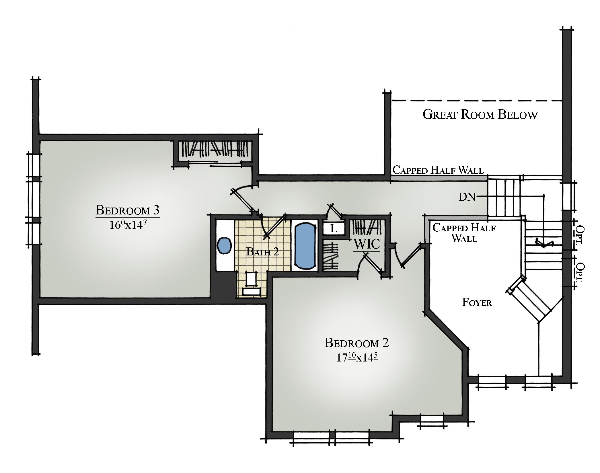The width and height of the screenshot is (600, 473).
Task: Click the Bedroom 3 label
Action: coord(127,210)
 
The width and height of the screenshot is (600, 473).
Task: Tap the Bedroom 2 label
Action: coord(357,343)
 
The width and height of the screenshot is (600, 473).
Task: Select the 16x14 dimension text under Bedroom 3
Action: coord(128,225)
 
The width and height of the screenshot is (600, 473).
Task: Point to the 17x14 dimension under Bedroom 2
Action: coord(357,357)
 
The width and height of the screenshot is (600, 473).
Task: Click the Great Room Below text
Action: coord(480,114)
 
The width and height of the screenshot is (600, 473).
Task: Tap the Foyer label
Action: coord(477,302)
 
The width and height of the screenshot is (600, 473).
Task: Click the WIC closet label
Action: coord(367,244)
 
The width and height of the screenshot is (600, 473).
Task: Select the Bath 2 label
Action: coord(263,252)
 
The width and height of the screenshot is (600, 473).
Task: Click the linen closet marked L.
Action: coord(334,228)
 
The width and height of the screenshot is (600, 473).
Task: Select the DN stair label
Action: coord(467,197)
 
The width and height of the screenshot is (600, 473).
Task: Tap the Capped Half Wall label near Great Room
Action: coord(438,170)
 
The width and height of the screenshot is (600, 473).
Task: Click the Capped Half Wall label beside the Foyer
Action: coord(464,233)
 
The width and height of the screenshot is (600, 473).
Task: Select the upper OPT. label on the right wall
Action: coord(580,234)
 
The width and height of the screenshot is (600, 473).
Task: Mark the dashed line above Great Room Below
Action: coord(477,101)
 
